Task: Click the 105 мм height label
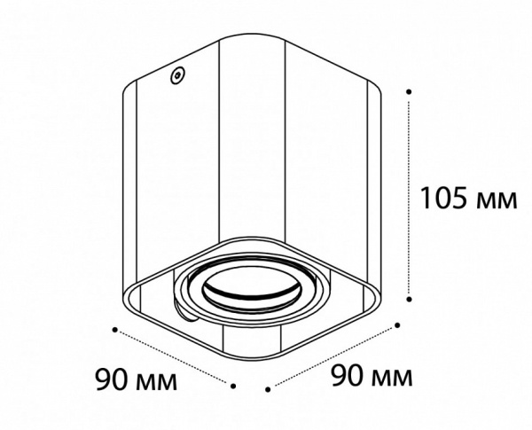pos(468,198)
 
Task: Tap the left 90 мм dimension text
pos(136,379)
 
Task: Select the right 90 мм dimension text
pos(372,376)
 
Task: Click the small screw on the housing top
pos(177,74)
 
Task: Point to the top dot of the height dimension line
pos(409,91)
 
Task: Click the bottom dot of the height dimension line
pos(409,299)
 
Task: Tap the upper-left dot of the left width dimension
pos(115,330)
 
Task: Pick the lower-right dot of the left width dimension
pos(233,386)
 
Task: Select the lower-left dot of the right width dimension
pos(268,389)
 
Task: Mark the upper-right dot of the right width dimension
pos(397,325)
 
